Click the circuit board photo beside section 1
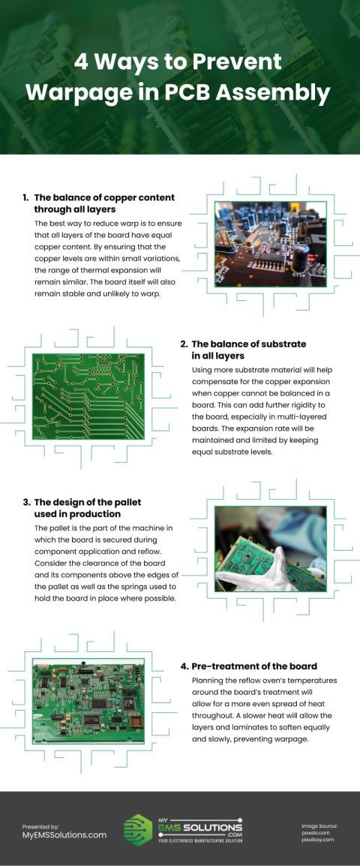coord(271,244)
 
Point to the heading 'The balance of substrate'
coord(248,344)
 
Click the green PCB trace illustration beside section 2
coord(88,396)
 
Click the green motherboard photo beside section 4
coord(88,701)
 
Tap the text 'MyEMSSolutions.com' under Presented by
coord(64,834)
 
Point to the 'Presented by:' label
coord(40,825)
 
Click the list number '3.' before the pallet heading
coord(26,502)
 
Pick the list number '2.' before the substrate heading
coord(184,344)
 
